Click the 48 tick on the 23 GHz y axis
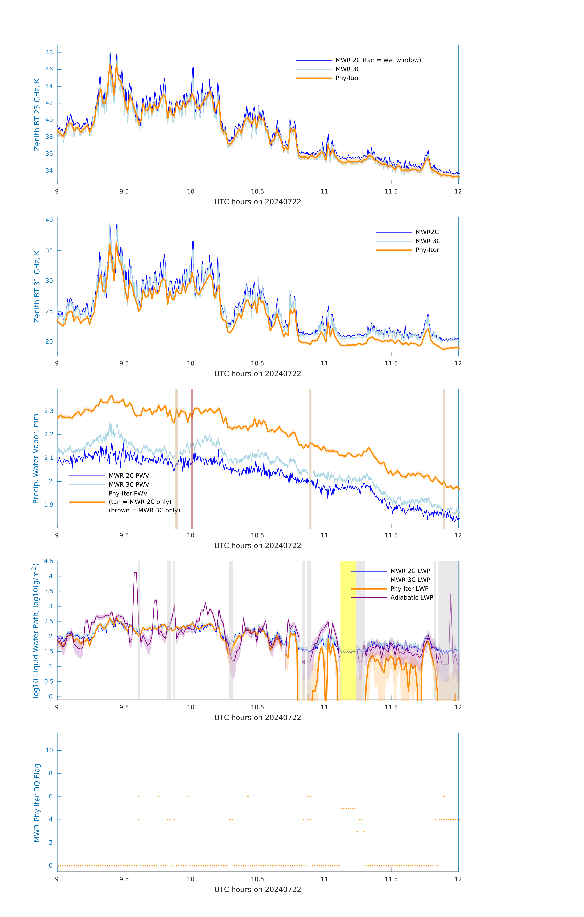tap(49, 53)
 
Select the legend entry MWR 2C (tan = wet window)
tap(378, 60)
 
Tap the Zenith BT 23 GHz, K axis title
tap(37, 115)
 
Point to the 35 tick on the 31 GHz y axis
tap(49, 251)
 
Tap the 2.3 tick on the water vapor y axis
tap(49, 411)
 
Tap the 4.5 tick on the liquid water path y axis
tap(49, 561)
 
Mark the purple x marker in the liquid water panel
tap(304, 662)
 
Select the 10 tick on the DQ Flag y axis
tap(49, 751)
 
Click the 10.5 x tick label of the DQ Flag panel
tap(258, 879)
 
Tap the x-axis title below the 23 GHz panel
tap(258, 202)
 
